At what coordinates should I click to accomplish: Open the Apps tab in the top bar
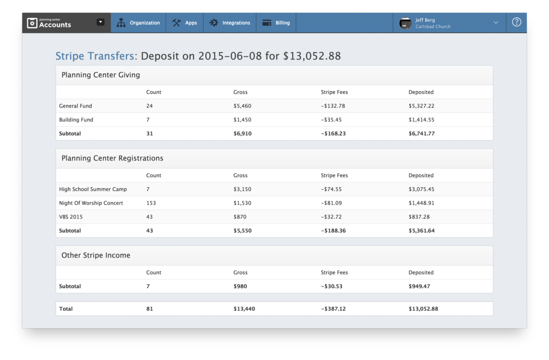coord(185,23)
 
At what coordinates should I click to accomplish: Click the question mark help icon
coord(516,23)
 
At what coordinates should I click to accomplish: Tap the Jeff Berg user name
coord(425,20)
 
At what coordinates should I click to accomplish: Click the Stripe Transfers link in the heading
coord(95,56)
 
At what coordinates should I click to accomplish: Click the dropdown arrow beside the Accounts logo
coord(100,23)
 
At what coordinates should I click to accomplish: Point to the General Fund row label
coord(76,106)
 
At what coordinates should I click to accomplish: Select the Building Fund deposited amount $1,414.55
coord(421,120)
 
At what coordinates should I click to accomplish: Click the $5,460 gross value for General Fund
coord(242,106)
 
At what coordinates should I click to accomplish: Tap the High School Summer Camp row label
coord(93,189)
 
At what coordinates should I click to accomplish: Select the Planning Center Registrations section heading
coord(112,159)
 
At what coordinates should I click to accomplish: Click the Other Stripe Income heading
coord(95,256)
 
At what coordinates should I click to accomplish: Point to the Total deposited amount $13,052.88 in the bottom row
coord(423,309)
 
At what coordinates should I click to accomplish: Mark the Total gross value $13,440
coord(244,309)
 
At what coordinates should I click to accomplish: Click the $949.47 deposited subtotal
coord(419,286)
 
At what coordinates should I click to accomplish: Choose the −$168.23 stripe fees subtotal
coord(334,134)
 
